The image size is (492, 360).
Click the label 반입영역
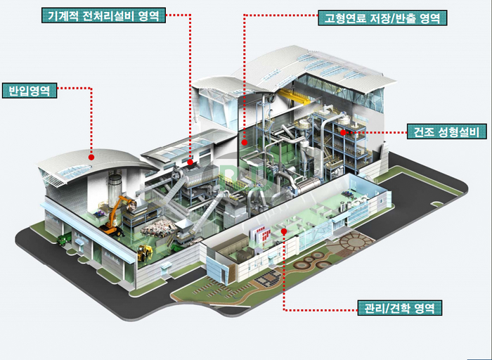tap(30, 91)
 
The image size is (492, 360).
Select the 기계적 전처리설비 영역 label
tap(103, 15)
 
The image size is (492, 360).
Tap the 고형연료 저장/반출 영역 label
tap(382, 18)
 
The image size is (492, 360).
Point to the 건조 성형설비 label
tap(446, 131)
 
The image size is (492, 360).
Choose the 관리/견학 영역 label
tap(399, 307)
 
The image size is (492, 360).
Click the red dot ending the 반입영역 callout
tap(91, 157)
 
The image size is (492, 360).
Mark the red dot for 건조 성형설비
tap(343, 132)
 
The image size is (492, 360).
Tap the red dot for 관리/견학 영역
tap(284, 231)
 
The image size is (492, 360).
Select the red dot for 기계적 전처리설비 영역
tap(190, 162)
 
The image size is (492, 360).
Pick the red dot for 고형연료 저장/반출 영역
tap(245, 142)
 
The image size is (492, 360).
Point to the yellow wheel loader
tap(145, 252)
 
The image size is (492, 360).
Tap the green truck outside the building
tap(63, 240)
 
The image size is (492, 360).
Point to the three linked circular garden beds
tap(311, 260)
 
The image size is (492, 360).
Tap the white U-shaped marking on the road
tap(437, 204)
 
